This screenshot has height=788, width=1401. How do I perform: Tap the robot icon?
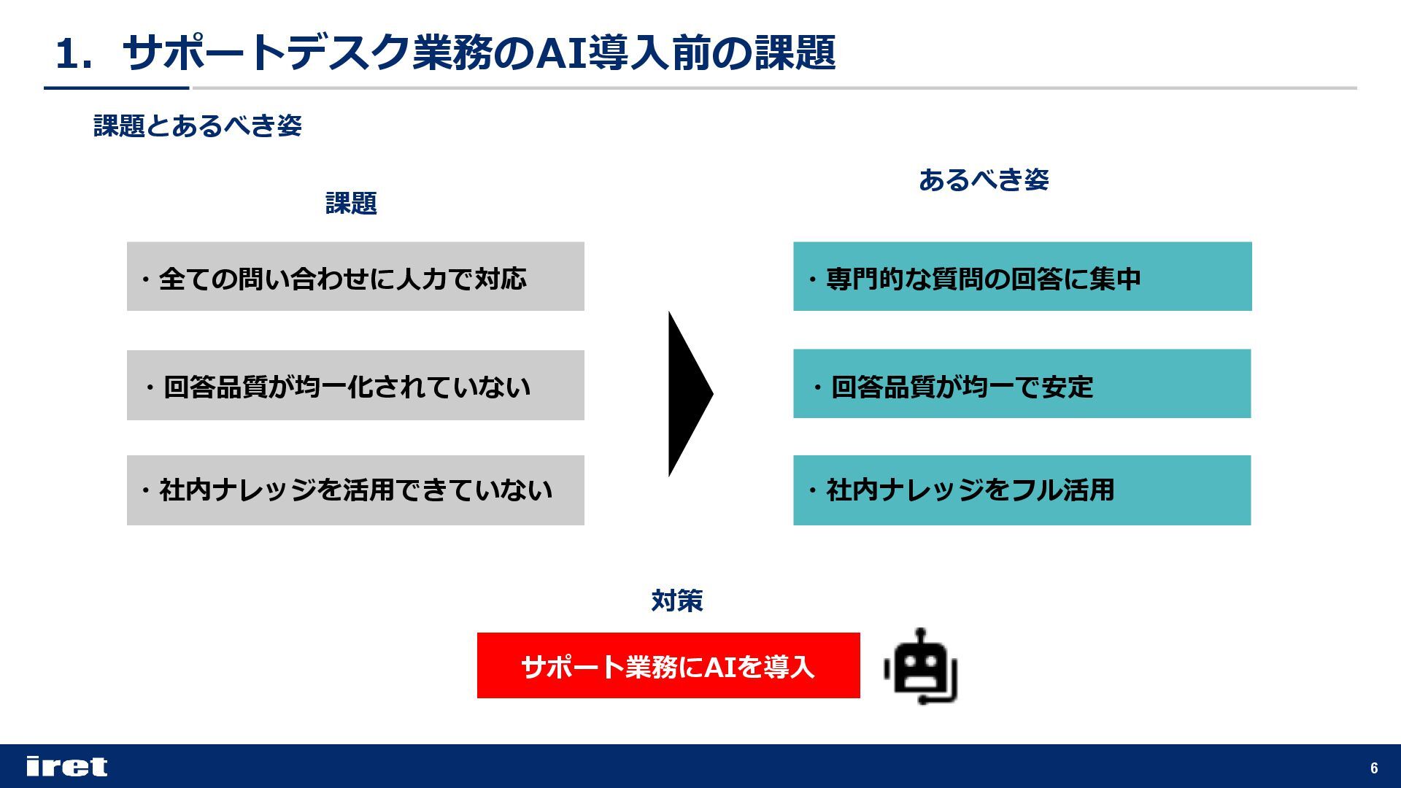[921, 668]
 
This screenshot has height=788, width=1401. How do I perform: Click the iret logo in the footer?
[66, 766]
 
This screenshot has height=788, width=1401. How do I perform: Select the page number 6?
[1374, 768]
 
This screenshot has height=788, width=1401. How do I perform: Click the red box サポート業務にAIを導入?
[668, 665]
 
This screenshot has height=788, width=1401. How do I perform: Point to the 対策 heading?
[676, 600]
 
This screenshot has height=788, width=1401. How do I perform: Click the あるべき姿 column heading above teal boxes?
[984, 179]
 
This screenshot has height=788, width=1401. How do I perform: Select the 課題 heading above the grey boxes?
[351, 203]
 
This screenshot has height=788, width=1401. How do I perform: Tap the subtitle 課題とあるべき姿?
[198, 125]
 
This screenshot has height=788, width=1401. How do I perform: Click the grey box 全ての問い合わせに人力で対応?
[355, 277]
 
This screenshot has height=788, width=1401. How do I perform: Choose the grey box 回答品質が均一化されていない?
[355, 385]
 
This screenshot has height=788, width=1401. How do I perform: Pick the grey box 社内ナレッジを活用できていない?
[355, 490]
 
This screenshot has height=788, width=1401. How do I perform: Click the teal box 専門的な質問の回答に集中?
[1022, 277]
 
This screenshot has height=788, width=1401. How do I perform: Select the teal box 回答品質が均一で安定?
[1022, 384]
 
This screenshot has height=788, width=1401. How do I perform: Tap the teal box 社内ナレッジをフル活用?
[1022, 490]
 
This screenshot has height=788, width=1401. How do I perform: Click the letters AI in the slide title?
[562, 53]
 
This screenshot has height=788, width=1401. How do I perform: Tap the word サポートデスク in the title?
[266, 53]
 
